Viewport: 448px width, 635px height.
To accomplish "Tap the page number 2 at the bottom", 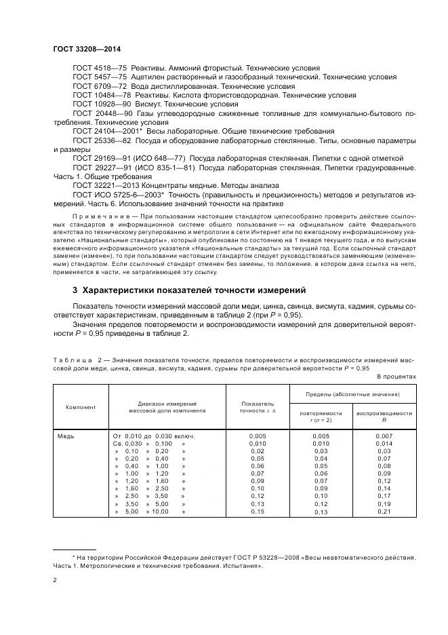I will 55,580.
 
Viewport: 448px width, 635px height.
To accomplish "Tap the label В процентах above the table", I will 396,375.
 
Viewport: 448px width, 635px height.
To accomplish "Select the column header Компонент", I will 80,407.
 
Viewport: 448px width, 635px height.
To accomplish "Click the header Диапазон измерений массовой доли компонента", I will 167,407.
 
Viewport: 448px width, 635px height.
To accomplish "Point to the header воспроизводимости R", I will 384,416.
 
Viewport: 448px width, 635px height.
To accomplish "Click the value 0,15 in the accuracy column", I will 258,512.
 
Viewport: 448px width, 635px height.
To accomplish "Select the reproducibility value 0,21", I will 384,512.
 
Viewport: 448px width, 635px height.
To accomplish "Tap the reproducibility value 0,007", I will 384,436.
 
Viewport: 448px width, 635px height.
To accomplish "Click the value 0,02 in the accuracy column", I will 258,450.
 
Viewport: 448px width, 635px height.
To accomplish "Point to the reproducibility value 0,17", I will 384,496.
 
